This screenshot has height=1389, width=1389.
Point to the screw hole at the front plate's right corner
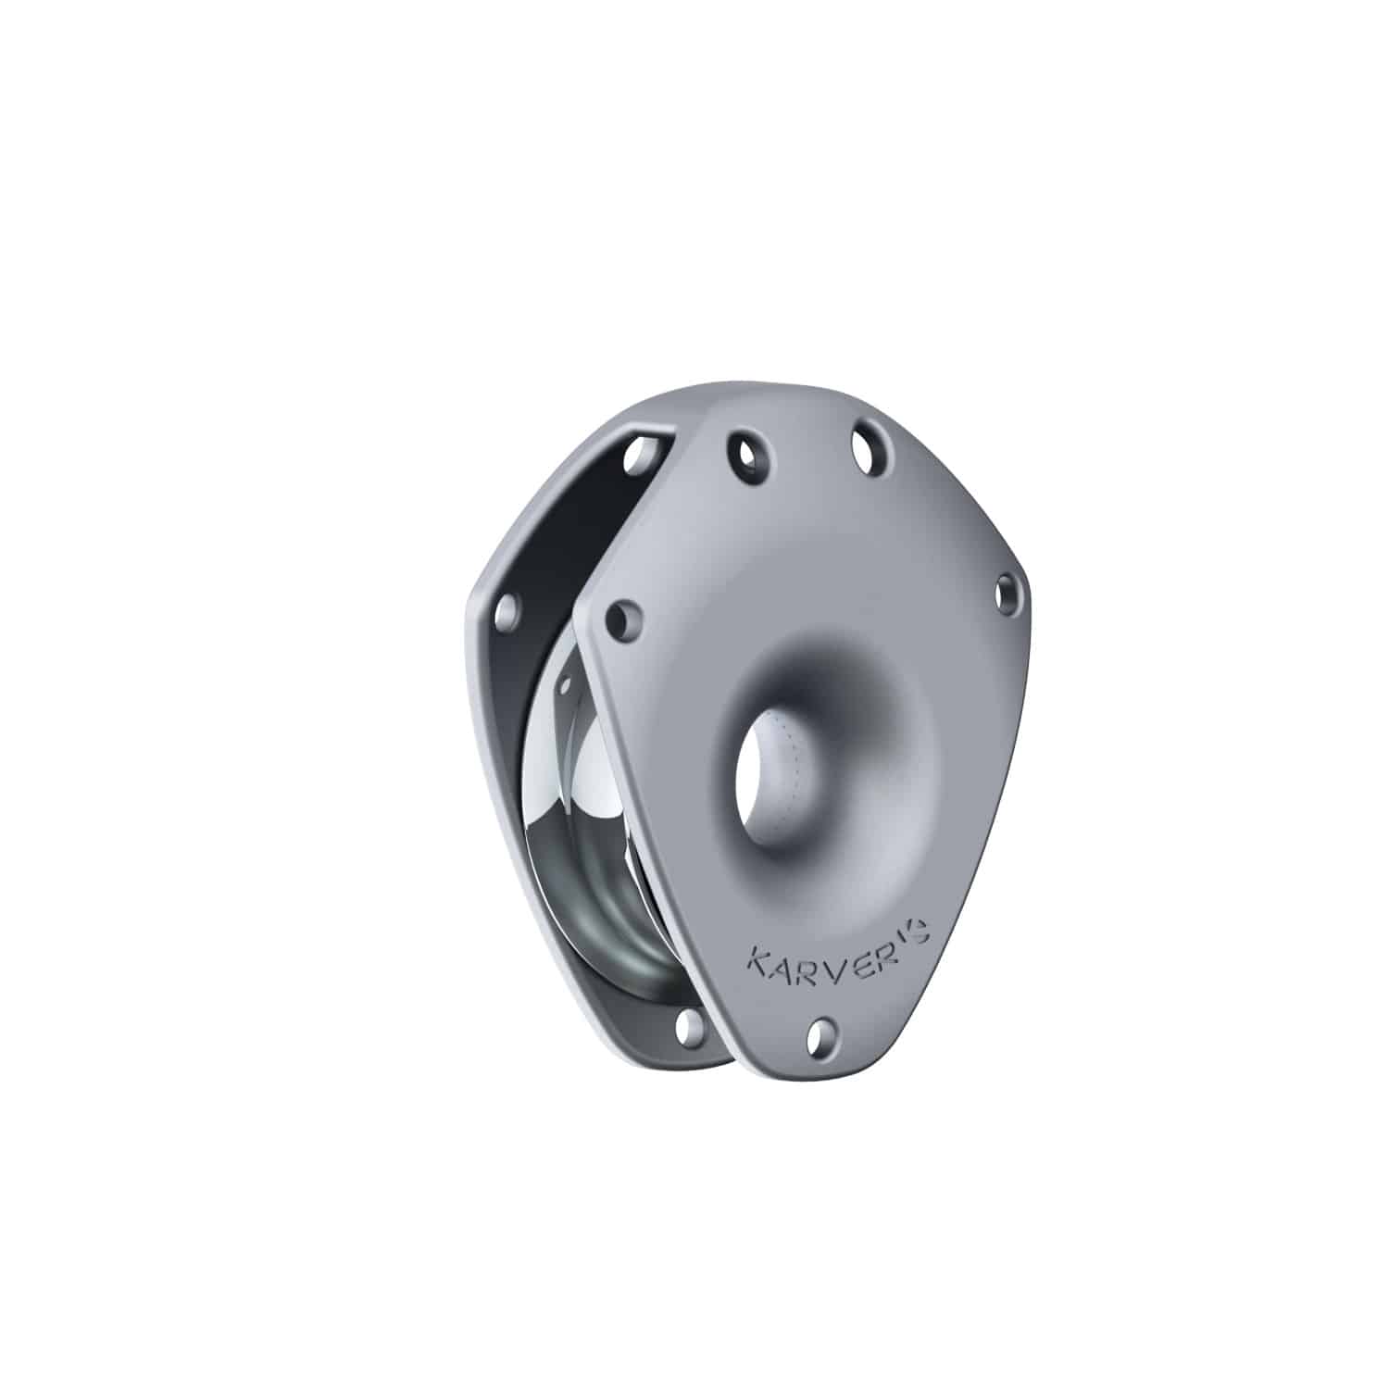tap(1007, 590)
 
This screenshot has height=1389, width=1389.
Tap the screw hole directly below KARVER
tap(820, 1036)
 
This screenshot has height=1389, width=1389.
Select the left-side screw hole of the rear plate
tap(506, 613)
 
